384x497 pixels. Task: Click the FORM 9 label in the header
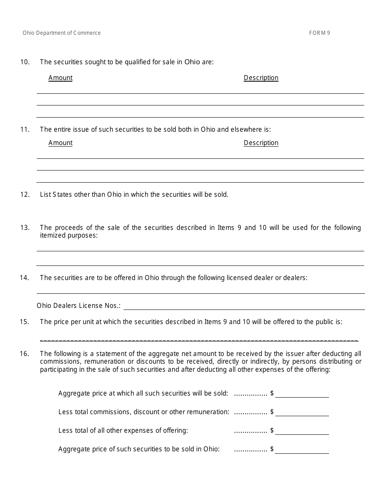click(x=319, y=33)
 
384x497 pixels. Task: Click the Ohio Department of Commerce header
click(x=62, y=33)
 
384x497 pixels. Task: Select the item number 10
click(x=25, y=62)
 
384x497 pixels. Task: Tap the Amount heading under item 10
click(x=61, y=78)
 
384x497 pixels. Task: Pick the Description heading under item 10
click(x=261, y=78)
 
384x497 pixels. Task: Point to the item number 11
click(x=25, y=130)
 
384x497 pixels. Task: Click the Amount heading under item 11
click(x=61, y=143)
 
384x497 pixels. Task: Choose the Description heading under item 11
click(x=261, y=143)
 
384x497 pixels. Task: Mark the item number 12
click(x=25, y=195)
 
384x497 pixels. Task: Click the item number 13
click(x=25, y=228)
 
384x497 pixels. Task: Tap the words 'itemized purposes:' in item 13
click(x=69, y=235)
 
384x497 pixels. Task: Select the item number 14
click(x=25, y=278)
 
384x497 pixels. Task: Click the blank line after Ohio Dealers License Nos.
click(x=244, y=306)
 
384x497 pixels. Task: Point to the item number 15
click(x=25, y=322)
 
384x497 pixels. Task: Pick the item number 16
click(x=25, y=354)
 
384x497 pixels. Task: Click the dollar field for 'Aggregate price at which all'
click(x=302, y=394)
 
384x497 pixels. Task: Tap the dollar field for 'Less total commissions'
click(x=302, y=413)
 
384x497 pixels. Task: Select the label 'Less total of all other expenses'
click(x=123, y=431)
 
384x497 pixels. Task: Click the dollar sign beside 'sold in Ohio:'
click(x=272, y=449)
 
